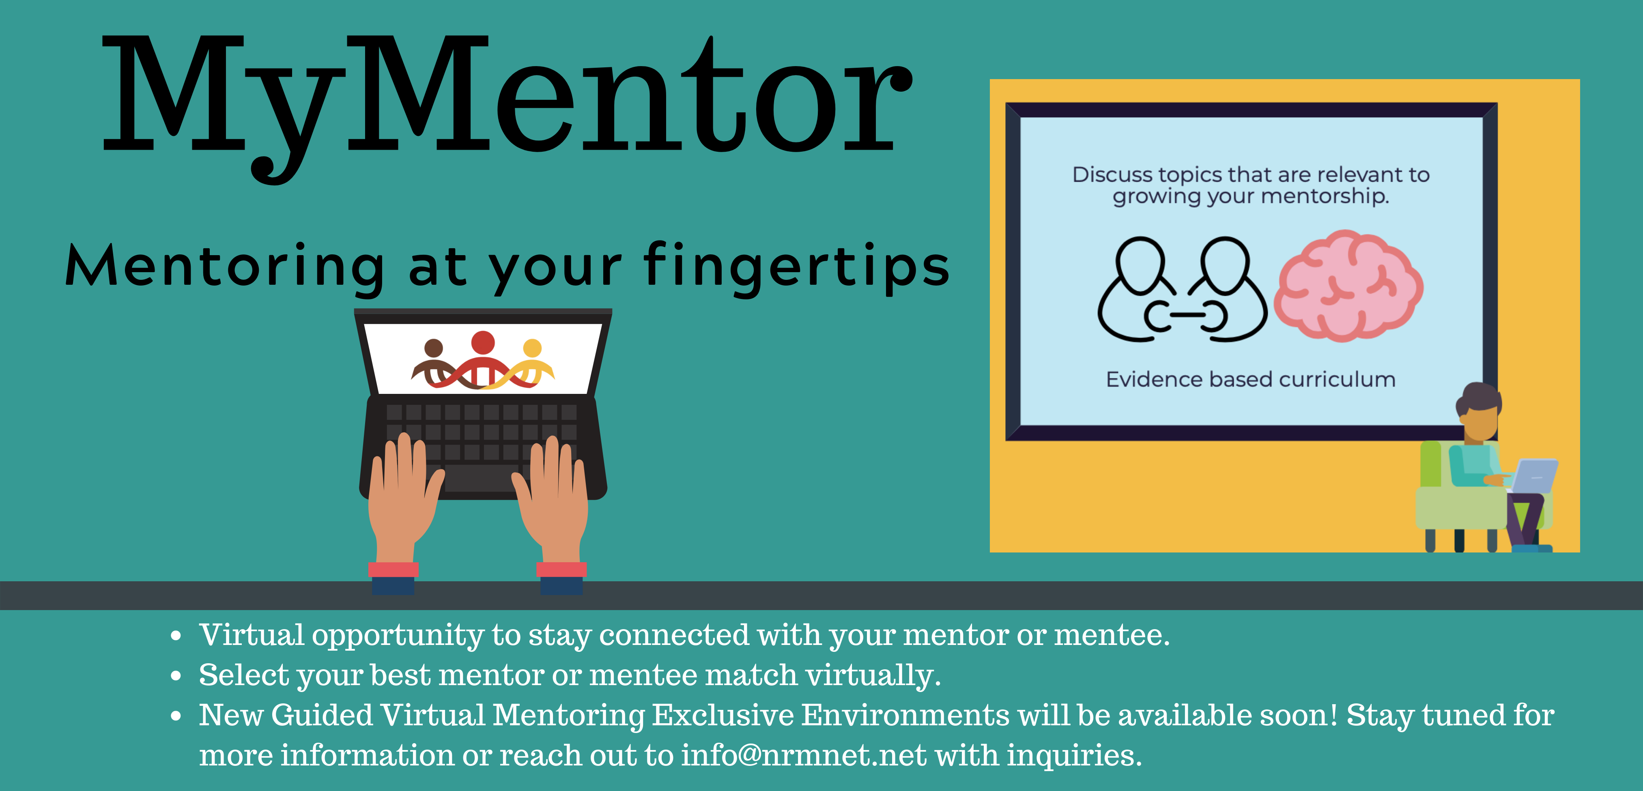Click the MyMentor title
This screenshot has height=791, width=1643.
pyautogui.click(x=507, y=105)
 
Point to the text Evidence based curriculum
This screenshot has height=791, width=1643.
pyautogui.click(x=1251, y=380)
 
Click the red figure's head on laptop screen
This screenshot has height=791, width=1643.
pyautogui.click(x=483, y=342)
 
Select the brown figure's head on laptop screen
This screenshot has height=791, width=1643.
pyautogui.click(x=434, y=348)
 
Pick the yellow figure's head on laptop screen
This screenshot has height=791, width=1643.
pyautogui.click(x=532, y=348)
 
